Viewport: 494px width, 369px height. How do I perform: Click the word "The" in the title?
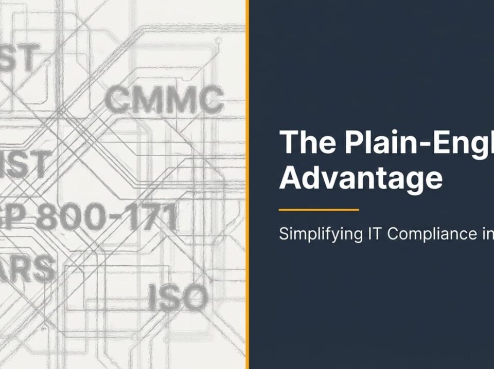click(x=307, y=142)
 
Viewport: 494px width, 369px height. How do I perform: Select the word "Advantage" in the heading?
click(x=361, y=178)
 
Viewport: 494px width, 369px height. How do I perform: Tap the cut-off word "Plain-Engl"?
click(x=419, y=143)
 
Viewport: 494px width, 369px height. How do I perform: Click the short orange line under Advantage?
click(x=319, y=210)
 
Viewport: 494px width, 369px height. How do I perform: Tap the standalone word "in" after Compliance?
click(x=486, y=234)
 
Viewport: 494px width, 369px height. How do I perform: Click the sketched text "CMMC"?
click(x=164, y=101)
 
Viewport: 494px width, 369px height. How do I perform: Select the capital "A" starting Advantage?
click(x=291, y=178)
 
